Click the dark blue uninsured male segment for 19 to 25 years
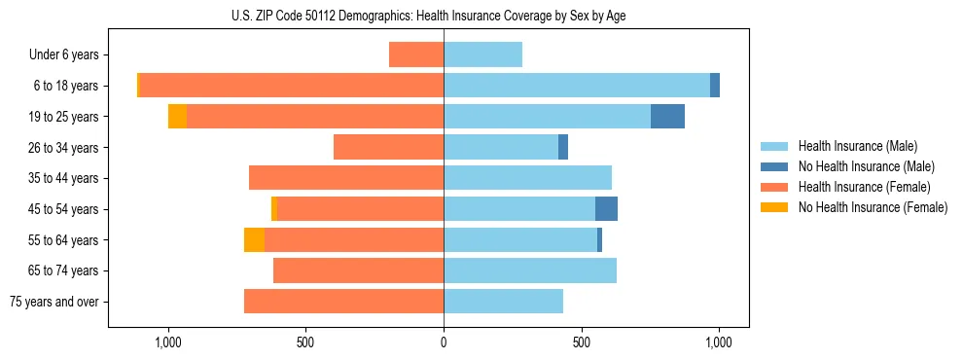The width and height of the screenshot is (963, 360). pos(667,117)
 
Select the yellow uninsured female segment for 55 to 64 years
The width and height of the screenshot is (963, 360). pos(254,240)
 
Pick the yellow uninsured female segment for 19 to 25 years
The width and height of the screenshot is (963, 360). pos(177,117)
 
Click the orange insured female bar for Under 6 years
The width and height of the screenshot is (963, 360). pos(416,54)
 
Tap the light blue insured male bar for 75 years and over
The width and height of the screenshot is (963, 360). pos(503,302)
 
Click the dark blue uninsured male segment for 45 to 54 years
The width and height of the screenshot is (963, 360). pos(606,209)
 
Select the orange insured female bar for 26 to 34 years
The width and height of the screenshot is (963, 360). pos(389,147)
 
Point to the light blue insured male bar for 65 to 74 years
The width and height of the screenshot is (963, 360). pos(530,270)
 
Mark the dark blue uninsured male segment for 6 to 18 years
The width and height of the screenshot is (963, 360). pos(715,86)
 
